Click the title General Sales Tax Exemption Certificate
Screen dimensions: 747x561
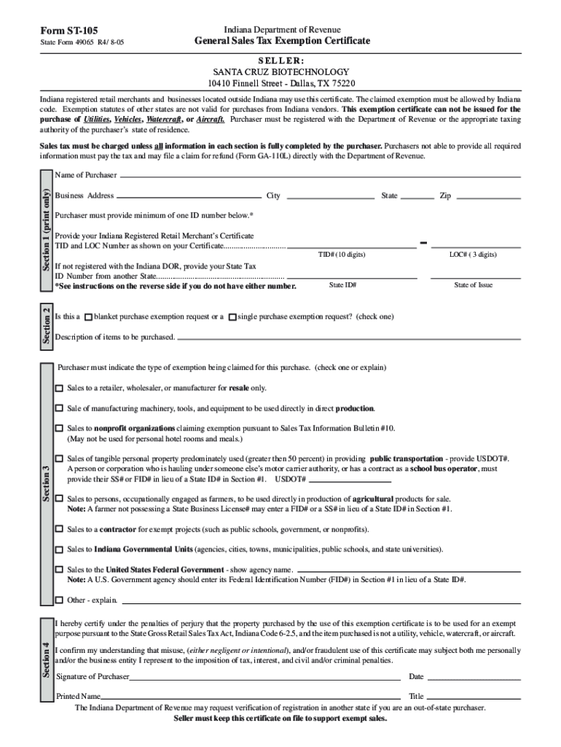[282, 41]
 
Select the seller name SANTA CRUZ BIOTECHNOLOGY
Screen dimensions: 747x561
[280, 72]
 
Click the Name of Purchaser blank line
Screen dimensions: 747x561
[320, 176]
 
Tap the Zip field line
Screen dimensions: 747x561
[487, 196]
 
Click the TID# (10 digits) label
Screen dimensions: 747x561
[342, 255]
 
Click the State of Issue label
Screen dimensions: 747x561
[474, 285]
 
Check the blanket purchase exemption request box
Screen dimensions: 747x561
[88, 317]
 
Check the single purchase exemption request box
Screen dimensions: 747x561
[232, 317]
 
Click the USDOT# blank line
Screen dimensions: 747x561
[350, 480]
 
